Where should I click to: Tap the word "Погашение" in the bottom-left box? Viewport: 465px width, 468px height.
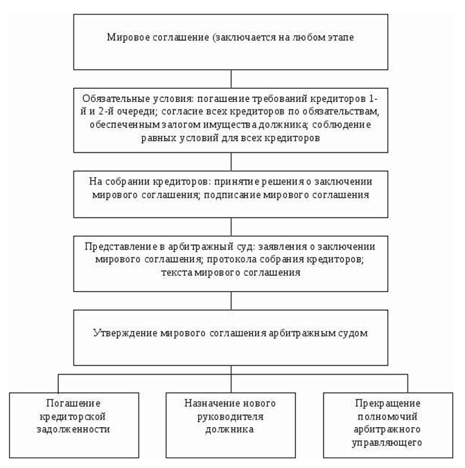[x=73, y=404]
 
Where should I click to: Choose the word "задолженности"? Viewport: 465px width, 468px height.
[x=73, y=429]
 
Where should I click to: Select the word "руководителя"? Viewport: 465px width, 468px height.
[x=230, y=417]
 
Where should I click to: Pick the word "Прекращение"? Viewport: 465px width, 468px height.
[x=388, y=404]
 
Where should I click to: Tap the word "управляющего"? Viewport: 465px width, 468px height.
[x=387, y=442]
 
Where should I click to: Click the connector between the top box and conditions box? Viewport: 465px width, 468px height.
[x=231, y=79]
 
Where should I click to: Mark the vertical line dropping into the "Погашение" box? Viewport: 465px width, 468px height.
[x=58, y=383]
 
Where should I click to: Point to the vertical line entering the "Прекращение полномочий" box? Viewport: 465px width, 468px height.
[x=407, y=383]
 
